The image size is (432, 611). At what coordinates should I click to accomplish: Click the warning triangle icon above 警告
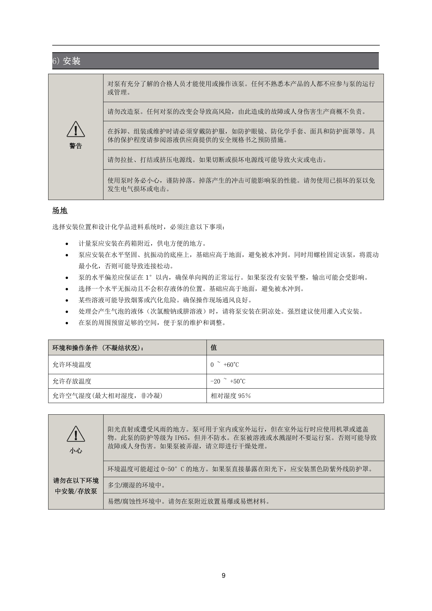tap(76, 129)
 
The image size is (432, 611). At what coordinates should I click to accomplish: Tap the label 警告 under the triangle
tap(76, 146)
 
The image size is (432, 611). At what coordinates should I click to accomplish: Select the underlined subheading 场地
tap(60, 210)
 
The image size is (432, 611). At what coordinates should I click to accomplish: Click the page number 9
tap(223, 576)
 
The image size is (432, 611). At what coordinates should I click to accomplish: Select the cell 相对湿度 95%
tap(231, 396)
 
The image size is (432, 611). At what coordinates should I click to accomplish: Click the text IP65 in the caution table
tap(181, 438)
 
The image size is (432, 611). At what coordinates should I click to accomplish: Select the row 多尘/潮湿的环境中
tap(136, 485)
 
